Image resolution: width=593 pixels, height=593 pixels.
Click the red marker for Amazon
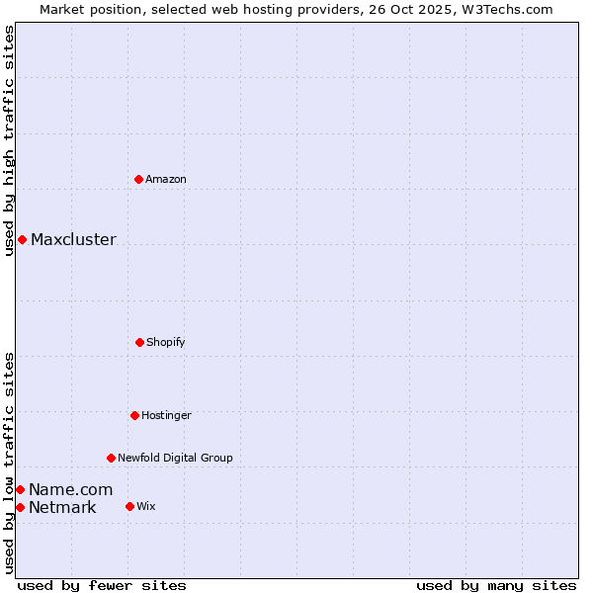(x=138, y=179)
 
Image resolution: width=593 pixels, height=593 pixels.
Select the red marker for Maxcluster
(x=22, y=239)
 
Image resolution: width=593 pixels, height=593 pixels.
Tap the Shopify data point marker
(x=139, y=342)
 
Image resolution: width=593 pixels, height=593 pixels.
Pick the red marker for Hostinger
(x=134, y=415)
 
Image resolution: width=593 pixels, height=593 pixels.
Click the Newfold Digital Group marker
(x=111, y=458)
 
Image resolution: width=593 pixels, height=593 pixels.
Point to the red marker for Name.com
(x=20, y=489)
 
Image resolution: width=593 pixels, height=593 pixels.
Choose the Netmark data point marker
(x=20, y=507)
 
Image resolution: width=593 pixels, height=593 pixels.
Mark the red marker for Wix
(x=129, y=506)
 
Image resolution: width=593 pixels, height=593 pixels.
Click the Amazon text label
(x=166, y=179)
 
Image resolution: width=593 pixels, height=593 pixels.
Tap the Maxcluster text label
(x=73, y=239)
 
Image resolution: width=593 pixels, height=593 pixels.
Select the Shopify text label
(x=166, y=342)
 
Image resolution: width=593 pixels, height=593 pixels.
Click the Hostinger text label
(x=166, y=415)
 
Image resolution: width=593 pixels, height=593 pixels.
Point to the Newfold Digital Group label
(x=175, y=458)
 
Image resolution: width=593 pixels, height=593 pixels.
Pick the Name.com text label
(x=70, y=489)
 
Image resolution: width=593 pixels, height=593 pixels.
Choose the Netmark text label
(x=62, y=508)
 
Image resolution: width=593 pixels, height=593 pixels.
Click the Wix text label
(x=146, y=506)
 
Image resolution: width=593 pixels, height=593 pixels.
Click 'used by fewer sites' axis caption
(x=101, y=585)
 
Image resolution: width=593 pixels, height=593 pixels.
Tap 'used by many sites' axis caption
(x=496, y=585)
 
